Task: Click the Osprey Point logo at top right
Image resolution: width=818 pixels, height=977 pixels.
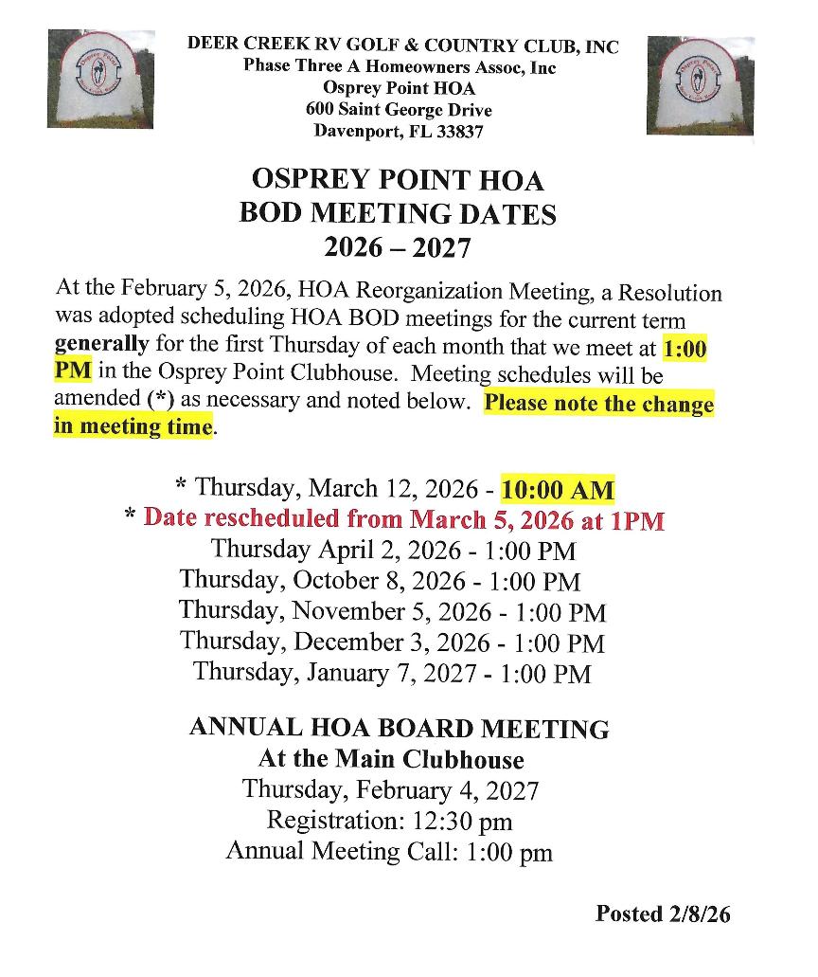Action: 700,84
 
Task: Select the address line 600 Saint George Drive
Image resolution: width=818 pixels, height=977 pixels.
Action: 399,110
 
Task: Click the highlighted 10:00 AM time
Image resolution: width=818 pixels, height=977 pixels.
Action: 558,491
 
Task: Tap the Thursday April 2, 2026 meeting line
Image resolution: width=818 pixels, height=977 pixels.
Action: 393,550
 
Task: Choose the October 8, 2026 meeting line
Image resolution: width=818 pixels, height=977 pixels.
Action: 380,580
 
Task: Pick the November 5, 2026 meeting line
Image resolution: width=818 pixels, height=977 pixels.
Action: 392,611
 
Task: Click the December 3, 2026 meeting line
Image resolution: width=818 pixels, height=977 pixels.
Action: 392,642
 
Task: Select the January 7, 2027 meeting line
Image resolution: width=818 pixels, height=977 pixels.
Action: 392,673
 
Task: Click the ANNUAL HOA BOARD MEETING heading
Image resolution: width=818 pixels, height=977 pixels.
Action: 399,728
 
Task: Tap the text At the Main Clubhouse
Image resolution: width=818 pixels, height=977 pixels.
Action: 391,759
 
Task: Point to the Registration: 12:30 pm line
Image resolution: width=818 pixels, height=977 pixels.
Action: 389,820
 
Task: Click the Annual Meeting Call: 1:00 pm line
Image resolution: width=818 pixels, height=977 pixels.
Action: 388,851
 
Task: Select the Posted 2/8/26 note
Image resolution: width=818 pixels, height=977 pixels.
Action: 663,914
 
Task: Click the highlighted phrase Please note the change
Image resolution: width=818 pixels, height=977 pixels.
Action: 598,404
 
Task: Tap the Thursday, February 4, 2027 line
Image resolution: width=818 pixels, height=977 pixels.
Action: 390,789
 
